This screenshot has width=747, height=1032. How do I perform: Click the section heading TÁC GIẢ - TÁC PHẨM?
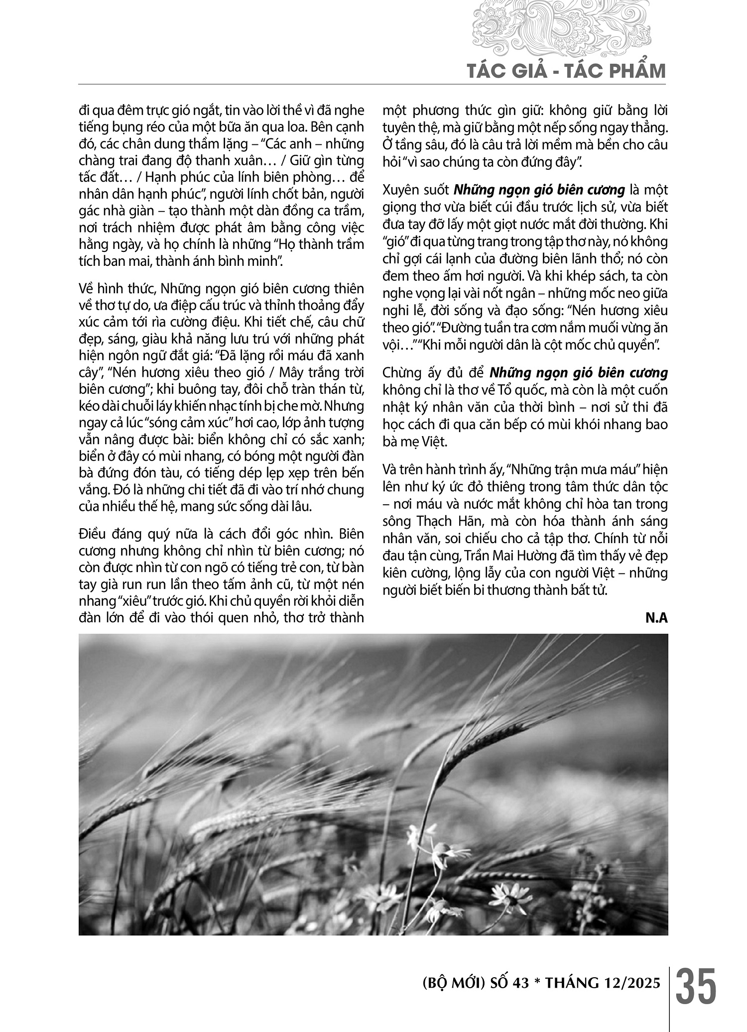(x=566, y=72)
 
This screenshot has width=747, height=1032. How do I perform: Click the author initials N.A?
(x=657, y=619)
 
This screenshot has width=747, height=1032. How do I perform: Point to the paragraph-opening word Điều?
(x=96, y=534)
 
